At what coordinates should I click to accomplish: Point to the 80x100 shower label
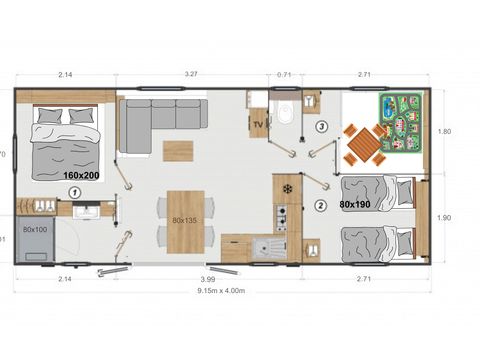click(35, 230)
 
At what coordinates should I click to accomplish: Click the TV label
click(258, 124)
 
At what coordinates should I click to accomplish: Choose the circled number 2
click(320, 207)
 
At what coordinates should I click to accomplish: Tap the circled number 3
click(321, 127)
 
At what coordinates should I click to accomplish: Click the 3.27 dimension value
click(188, 74)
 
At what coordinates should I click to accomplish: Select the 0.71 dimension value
click(285, 74)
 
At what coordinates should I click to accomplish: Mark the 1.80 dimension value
click(446, 131)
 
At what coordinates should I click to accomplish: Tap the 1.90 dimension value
click(446, 217)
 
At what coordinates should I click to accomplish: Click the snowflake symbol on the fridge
click(287, 188)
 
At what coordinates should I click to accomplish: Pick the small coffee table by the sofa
click(178, 149)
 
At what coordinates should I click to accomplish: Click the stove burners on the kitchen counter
click(282, 218)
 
